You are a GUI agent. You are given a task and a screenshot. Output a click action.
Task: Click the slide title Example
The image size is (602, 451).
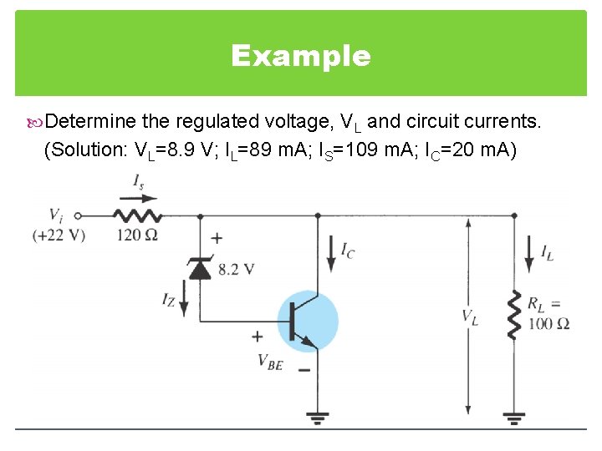coord(300,56)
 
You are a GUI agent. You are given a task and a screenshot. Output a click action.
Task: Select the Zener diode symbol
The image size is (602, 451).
coord(200,268)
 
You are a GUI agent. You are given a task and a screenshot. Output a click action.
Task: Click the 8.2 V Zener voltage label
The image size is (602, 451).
coord(237,269)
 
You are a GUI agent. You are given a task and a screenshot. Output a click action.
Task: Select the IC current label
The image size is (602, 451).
coord(347,250)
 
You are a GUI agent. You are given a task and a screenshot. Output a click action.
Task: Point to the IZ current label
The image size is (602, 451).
coord(169,299)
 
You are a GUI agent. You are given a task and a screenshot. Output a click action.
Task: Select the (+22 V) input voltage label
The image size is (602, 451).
coord(59,236)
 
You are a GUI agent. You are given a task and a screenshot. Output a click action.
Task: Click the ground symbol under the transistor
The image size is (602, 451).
coord(316,418)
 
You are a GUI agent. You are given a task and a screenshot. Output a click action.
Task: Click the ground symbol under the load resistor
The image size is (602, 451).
coord(514,418)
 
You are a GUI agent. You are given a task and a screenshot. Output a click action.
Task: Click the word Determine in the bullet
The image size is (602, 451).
coord(90,122)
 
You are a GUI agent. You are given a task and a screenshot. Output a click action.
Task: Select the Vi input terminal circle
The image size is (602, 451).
coord(77,215)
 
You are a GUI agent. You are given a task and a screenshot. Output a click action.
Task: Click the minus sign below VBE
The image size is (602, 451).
coord(304,369)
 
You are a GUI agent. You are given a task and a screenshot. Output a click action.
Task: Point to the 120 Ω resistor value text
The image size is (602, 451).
coord(137,235)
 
